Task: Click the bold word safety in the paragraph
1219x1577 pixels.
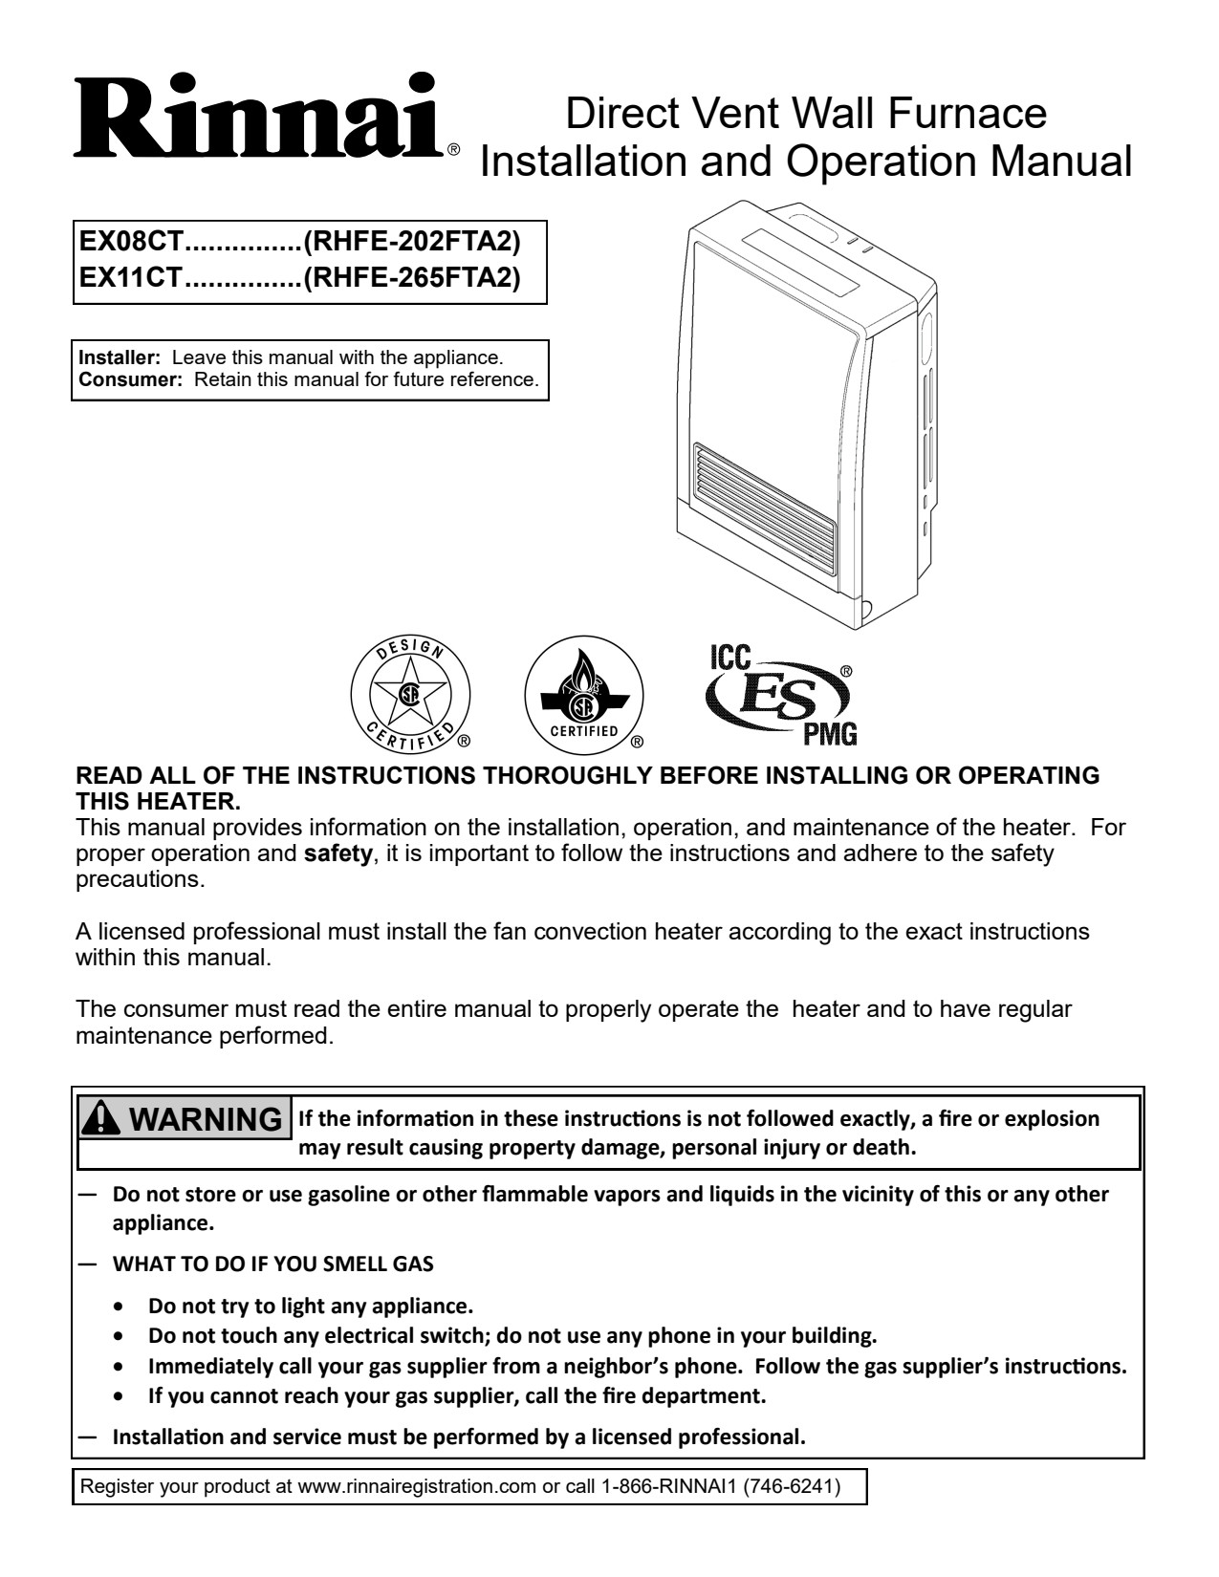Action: (x=337, y=854)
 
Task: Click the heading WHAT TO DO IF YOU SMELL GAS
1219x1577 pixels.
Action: (x=272, y=1264)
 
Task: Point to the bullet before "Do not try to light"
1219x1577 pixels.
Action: (x=119, y=1306)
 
